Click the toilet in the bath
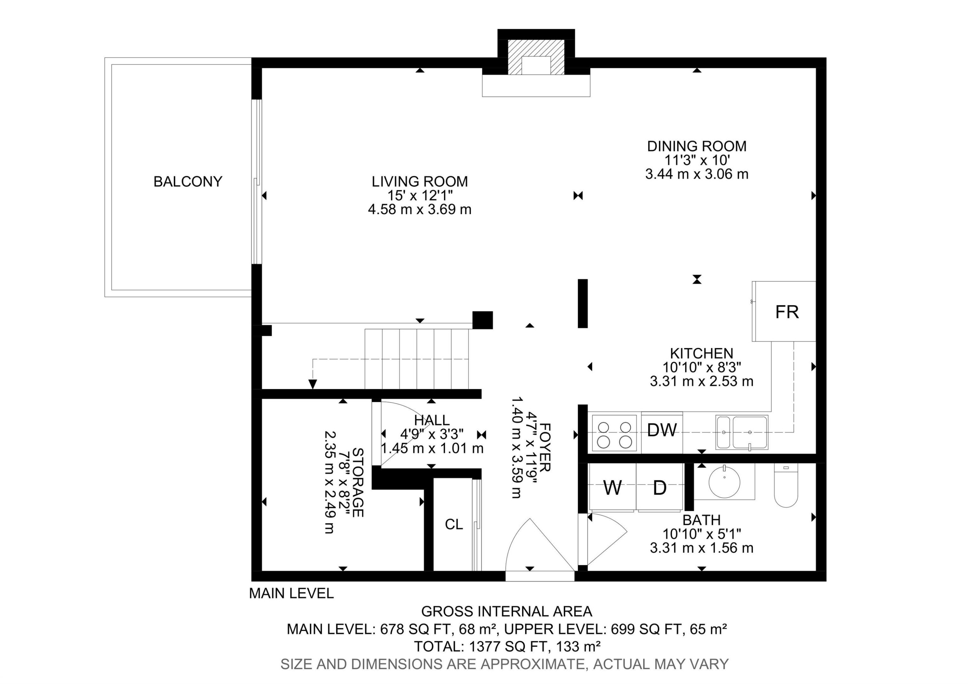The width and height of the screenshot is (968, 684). point(786,489)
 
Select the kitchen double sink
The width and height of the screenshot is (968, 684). point(741,432)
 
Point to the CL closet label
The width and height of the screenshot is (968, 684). point(454,524)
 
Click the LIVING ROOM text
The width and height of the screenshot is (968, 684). point(419,181)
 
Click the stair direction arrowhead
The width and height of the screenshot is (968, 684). point(312,384)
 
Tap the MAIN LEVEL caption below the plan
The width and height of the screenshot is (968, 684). point(291,593)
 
